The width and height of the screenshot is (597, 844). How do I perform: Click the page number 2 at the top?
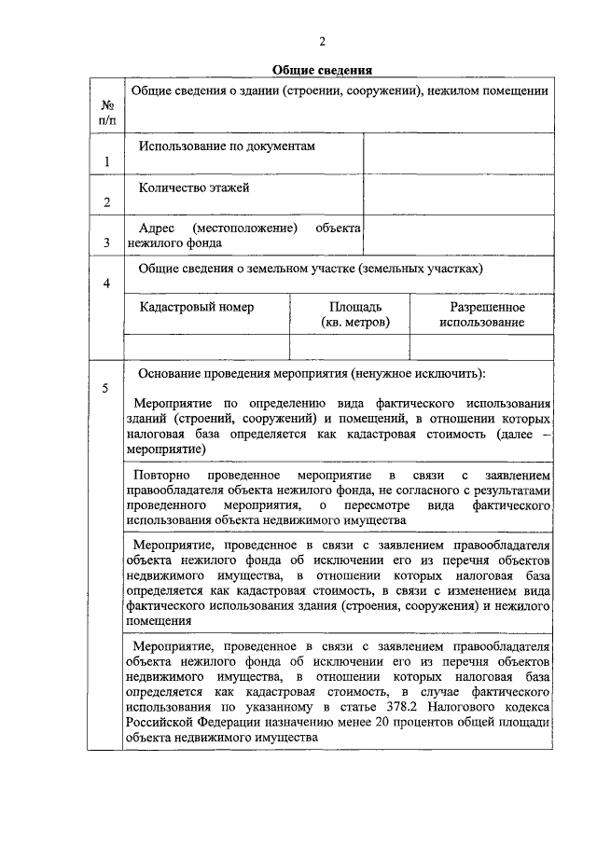323,41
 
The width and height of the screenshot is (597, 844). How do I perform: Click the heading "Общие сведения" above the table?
323,70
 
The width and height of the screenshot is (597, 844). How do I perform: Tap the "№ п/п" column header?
107,112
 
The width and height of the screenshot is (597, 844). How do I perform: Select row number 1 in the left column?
107,162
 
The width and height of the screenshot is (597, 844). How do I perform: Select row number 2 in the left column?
107,202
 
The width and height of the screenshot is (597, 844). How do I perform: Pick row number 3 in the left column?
107,243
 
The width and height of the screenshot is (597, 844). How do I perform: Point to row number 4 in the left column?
107,284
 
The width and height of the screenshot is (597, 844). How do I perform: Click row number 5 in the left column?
107,388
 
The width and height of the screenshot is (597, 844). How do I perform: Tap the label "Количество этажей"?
194,187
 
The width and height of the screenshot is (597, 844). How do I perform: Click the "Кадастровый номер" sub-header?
197,307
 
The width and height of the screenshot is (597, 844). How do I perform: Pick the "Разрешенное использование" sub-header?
487,314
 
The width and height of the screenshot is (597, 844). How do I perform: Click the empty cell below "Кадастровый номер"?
205,346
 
